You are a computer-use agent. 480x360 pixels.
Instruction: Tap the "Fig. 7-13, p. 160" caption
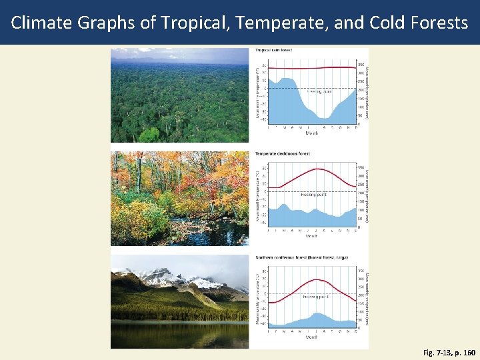(x=449, y=351)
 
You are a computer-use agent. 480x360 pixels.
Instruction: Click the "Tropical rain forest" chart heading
(x=273, y=50)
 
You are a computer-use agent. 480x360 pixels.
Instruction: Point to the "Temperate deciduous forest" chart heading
(x=283, y=153)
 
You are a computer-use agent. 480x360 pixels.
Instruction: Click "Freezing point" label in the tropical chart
(x=319, y=91)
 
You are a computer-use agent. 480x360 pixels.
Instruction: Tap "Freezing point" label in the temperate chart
(x=315, y=195)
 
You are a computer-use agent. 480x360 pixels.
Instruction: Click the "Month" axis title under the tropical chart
(x=311, y=132)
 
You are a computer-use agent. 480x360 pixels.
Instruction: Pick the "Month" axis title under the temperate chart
(x=311, y=235)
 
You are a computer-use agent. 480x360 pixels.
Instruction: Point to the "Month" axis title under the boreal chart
(x=311, y=338)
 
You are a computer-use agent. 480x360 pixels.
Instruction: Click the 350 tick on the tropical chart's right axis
(x=361, y=65)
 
